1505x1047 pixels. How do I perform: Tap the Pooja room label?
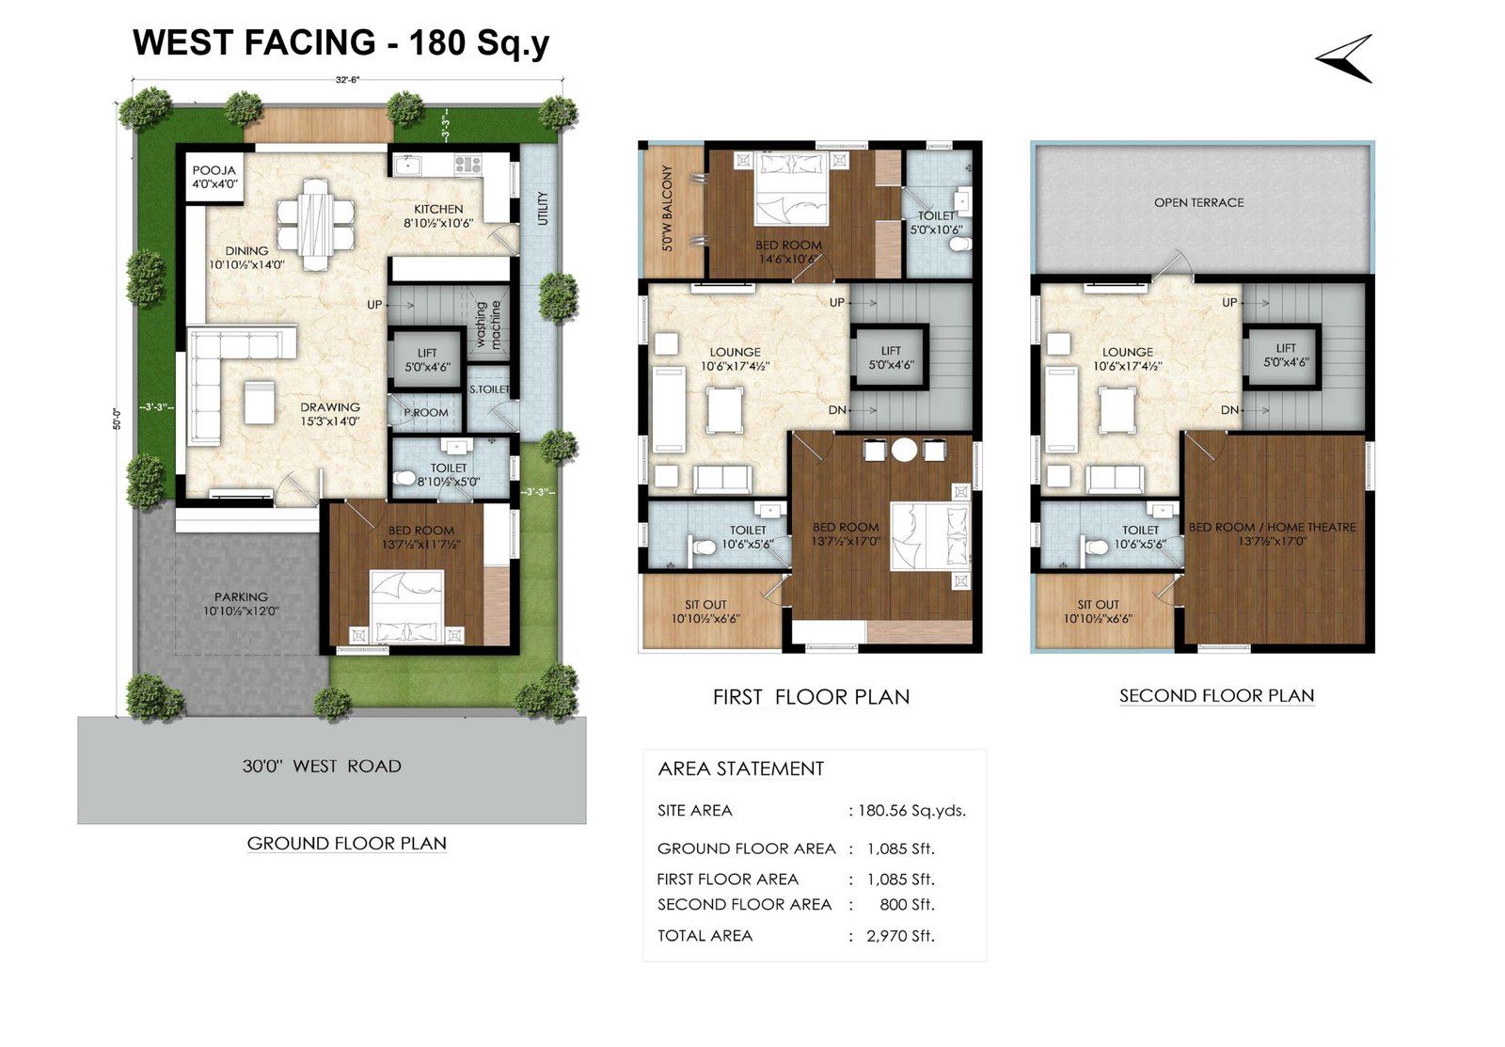[214, 177]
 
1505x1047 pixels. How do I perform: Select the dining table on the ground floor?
[316, 225]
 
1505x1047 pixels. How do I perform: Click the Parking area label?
[241, 604]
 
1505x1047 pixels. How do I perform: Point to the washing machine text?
[488, 325]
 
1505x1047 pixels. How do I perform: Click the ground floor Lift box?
[427, 359]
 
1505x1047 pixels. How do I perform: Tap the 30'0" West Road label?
[322, 766]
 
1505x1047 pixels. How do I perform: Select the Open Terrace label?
[1198, 202]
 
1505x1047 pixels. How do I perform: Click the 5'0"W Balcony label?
[667, 208]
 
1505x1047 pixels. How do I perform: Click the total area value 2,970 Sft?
[900, 936]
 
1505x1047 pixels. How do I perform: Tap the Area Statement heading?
[740, 769]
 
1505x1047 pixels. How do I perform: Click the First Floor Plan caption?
[811, 697]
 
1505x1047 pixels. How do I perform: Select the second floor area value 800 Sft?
[907, 905]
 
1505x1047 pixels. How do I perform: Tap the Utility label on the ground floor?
[543, 208]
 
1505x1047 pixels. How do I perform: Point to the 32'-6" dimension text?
[347, 80]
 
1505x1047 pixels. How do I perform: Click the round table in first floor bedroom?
[904, 450]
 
